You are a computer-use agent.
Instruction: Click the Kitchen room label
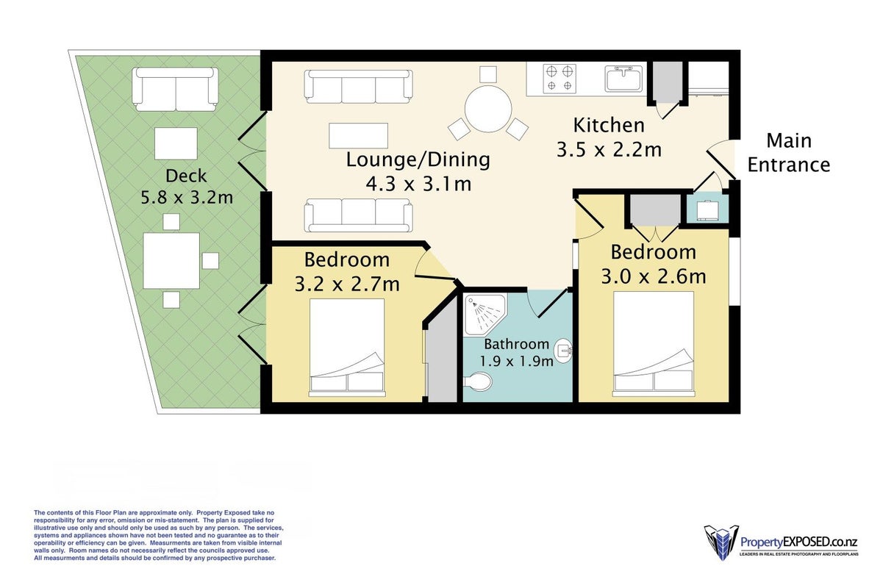[x=609, y=126]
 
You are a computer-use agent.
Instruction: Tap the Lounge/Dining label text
[x=418, y=159]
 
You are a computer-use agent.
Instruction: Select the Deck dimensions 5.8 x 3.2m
[x=187, y=198]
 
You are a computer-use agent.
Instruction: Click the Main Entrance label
[x=789, y=153]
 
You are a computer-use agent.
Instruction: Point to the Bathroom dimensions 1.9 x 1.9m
[x=516, y=361]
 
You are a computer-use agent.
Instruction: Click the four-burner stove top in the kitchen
[x=560, y=79]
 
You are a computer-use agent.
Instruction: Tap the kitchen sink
[x=623, y=79]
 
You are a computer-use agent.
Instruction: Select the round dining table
[x=488, y=109]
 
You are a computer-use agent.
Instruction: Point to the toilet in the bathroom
[x=477, y=381]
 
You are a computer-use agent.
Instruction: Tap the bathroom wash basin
[x=563, y=351]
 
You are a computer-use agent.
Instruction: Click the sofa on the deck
[x=175, y=89]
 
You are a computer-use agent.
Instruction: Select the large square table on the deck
[x=171, y=260]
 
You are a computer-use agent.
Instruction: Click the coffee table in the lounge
[x=358, y=135]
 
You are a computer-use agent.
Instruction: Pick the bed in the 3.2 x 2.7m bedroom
[x=347, y=347]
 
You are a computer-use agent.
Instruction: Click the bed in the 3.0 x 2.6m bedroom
[x=654, y=344]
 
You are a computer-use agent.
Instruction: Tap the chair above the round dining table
[x=488, y=74]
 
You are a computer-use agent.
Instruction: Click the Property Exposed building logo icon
[x=721, y=542]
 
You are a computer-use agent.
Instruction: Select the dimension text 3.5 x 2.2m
[x=609, y=150]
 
